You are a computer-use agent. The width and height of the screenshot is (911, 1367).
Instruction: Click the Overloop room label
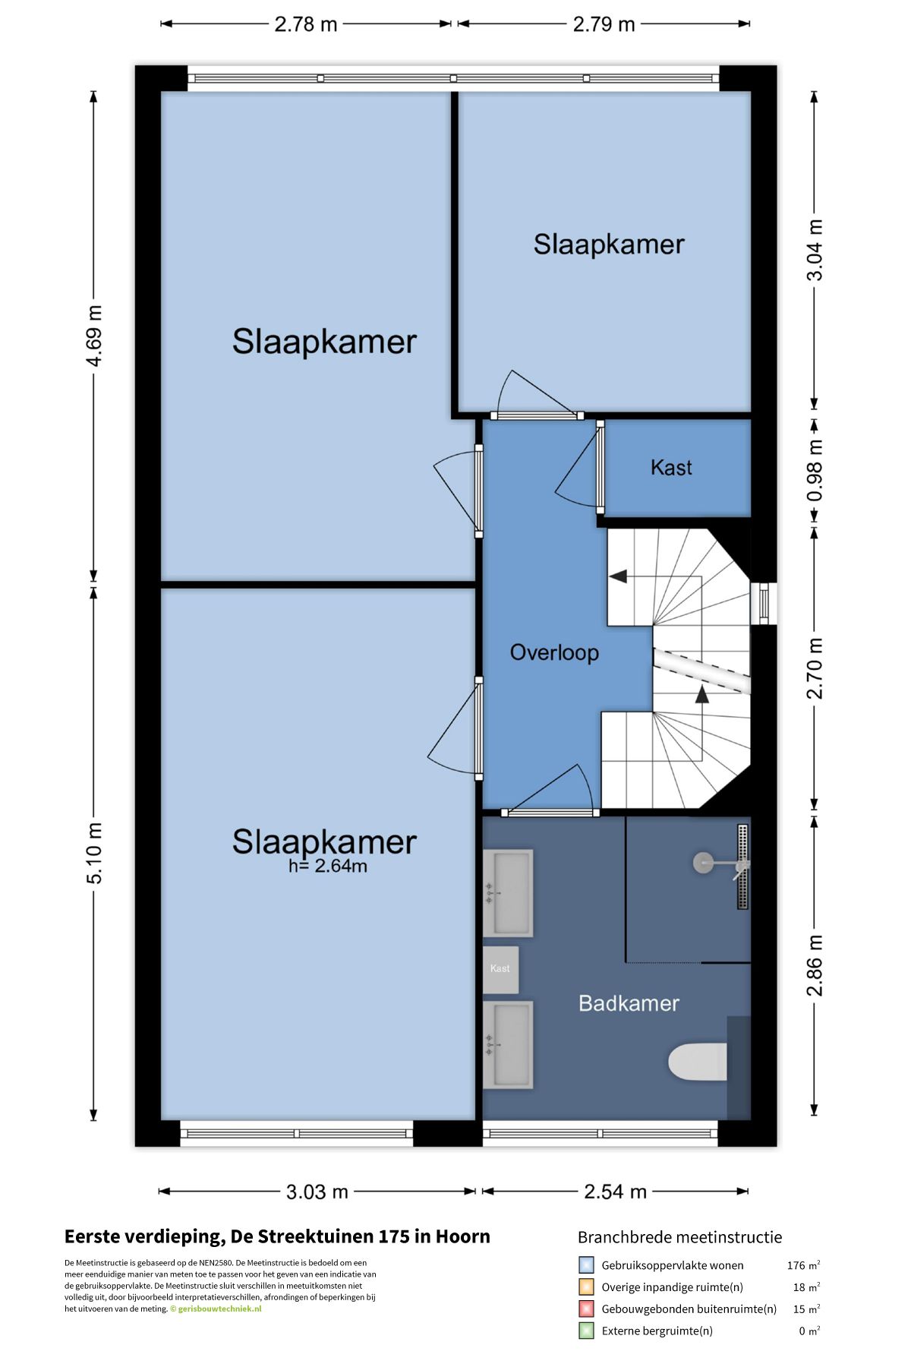[x=554, y=652]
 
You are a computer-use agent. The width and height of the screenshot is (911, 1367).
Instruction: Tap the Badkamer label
[x=629, y=1003]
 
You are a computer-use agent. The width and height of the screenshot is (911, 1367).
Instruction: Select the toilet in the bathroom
[x=698, y=1062]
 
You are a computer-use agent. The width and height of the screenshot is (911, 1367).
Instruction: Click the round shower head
[x=703, y=862]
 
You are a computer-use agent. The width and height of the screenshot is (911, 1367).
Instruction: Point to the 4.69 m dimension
[x=94, y=336]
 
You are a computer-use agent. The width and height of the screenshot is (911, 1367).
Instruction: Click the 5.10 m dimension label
[x=94, y=853]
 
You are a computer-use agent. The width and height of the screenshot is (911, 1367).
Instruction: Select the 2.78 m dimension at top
[x=305, y=24]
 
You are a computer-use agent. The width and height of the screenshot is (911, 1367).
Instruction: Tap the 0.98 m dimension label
[x=815, y=471]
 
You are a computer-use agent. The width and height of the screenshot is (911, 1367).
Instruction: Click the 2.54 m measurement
[x=615, y=1192]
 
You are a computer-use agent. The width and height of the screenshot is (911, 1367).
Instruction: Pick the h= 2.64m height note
[x=328, y=866]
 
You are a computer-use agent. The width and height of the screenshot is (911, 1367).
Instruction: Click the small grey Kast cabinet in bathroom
[x=500, y=969]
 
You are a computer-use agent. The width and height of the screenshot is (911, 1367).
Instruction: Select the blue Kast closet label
[x=671, y=467]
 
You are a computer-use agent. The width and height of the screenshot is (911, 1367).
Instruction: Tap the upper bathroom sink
[x=508, y=893]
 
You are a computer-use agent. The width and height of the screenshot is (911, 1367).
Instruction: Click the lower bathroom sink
[x=508, y=1045]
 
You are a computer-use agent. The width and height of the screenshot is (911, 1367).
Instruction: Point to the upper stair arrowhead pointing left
[x=618, y=576]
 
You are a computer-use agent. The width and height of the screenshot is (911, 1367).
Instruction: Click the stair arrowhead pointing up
[x=702, y=693]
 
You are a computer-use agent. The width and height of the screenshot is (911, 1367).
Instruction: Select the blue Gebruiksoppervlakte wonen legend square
[x=586, y=1265]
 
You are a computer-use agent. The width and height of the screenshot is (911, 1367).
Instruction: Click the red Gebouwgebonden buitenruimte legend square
[x=586, y=1309]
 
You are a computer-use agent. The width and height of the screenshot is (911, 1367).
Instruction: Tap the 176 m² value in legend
[x=803, y=1265]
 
